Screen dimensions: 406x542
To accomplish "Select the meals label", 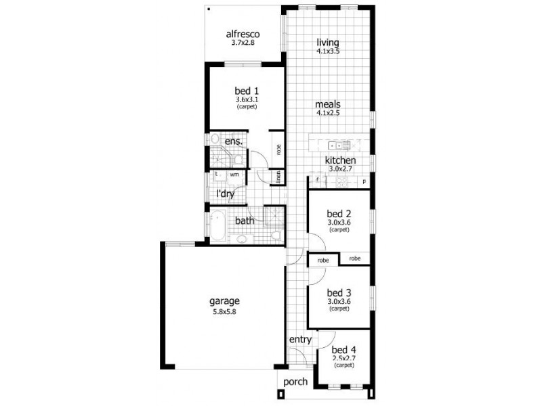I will click(x=327, y=105).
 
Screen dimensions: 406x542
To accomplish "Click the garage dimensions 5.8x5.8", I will click(x=224, y=312).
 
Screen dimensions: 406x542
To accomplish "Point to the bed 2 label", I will click(x=338, y=212).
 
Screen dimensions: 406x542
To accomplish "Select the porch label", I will click(x=295, y=382).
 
